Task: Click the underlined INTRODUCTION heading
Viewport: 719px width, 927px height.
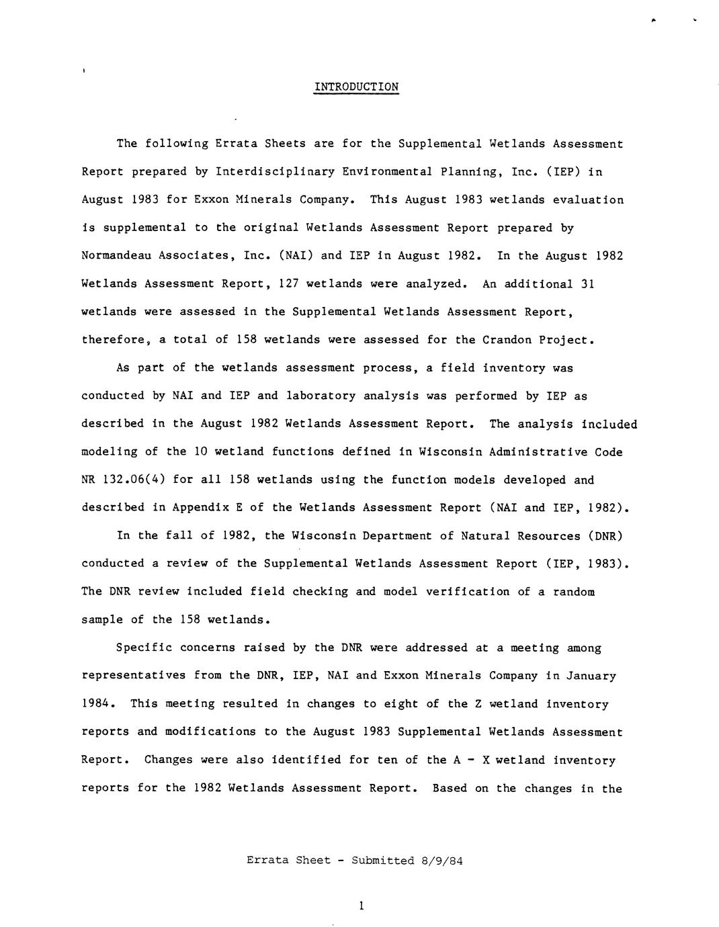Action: (x=356, y=87)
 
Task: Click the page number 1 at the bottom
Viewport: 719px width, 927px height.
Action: (x=361, y=906)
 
